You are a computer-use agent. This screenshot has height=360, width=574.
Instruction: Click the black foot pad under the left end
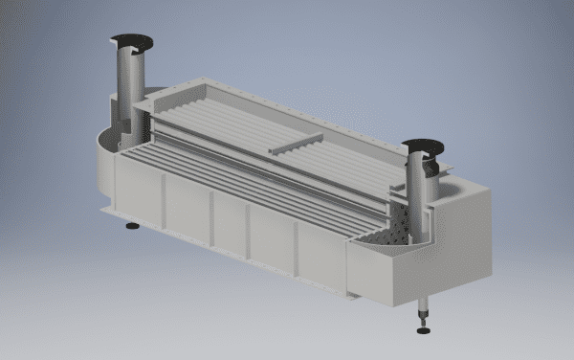[132, 227]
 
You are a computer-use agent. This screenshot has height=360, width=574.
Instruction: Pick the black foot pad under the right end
[423, 331]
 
